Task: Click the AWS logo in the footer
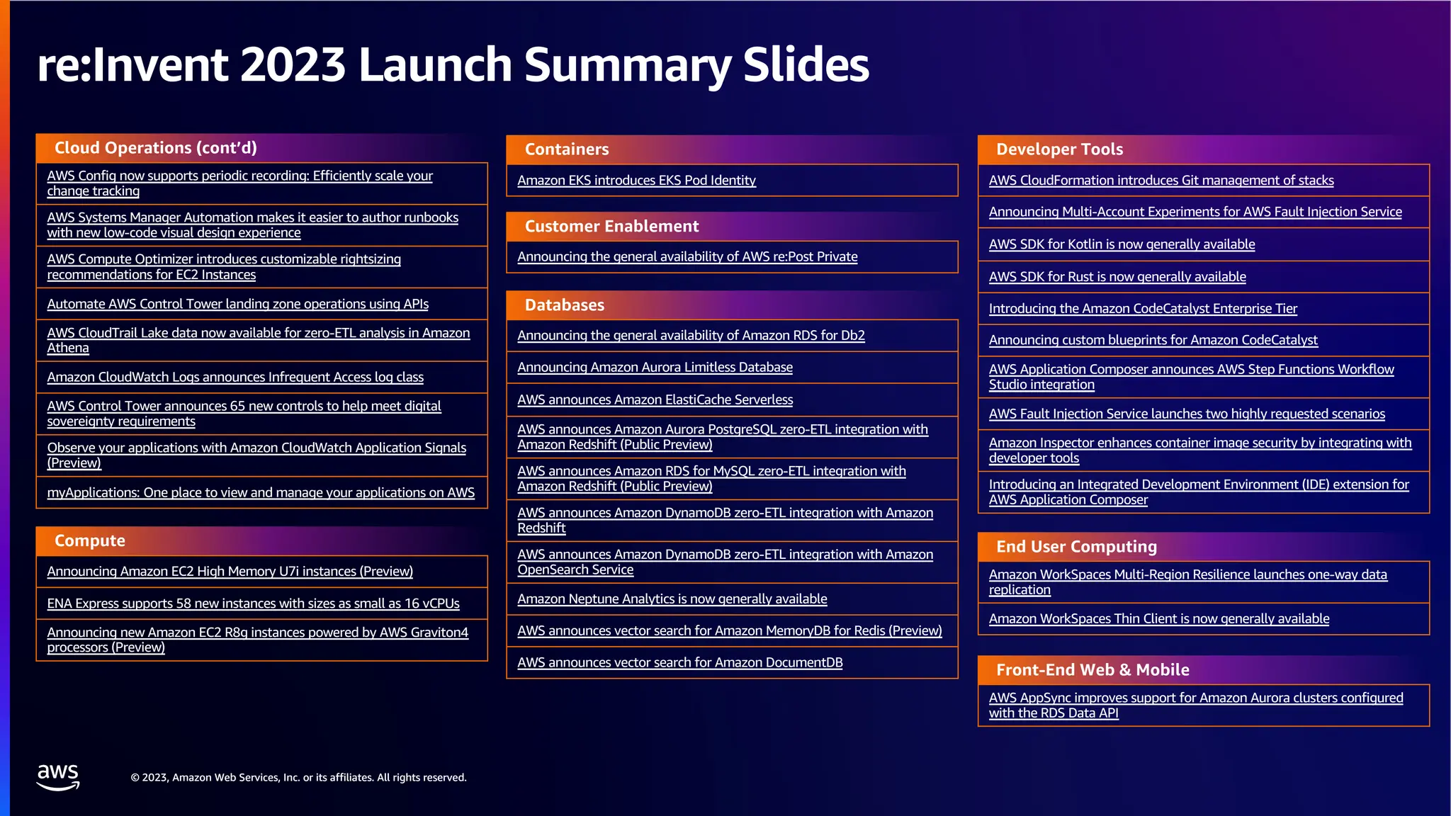click(58, 776)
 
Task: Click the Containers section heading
click(567, 149)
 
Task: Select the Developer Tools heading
click(1059, 149)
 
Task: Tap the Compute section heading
click(90, 541)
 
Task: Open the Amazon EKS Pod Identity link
click(636, 181)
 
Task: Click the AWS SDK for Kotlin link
click(1122, 244)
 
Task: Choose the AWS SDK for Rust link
click(1117, 277)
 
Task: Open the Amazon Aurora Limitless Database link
click(655, 368)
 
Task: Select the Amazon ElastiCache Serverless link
click(655, 400)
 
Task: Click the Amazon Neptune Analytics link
click(672, 599)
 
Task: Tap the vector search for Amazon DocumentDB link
click(679, 663)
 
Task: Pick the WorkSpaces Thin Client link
click(1158, 619)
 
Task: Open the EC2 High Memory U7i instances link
click(230, 572)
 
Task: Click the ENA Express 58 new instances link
click(253, 603)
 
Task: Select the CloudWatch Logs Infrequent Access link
click(235, 378)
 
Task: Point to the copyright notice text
click(298, 778)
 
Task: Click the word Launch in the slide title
click(435, 65)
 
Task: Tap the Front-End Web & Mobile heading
click(1093, 670)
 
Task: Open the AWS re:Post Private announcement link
click(687, 257)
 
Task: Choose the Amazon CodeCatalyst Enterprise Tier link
click(1143, 309)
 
